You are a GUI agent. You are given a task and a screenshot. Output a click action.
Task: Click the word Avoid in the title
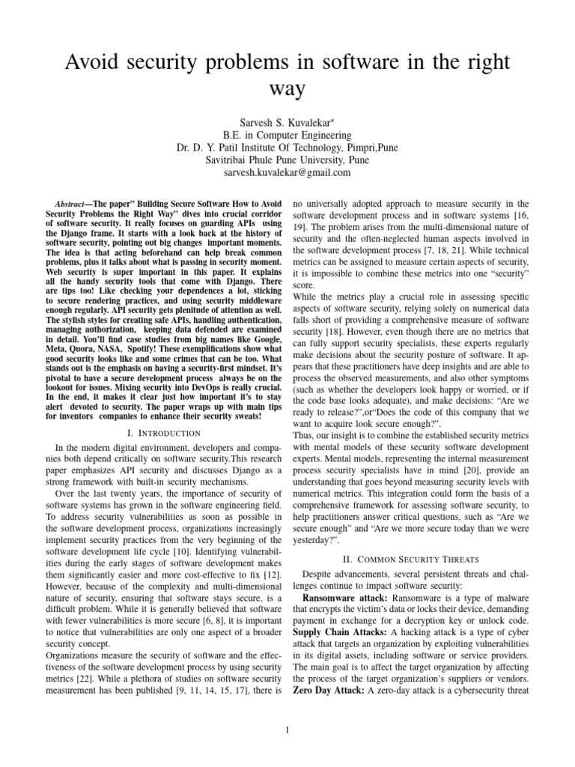[x=86, y=62]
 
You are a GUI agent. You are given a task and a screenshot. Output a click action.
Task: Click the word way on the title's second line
[x=287, y=89]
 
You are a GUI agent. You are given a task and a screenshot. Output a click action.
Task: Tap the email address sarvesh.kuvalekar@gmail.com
[x=287, y=172]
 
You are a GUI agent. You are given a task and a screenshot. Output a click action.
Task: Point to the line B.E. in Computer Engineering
[x=287, y=135]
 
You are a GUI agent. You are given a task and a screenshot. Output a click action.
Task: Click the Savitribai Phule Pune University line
[x=287, y=160]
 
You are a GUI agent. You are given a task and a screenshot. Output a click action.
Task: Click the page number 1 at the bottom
[x=287, y=730]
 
